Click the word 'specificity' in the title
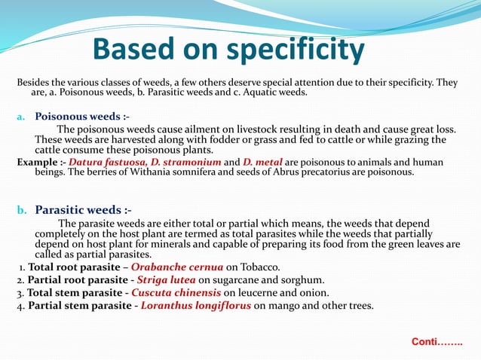coord(289,50)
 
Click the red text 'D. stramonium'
coord(185,162)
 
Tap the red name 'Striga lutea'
coord(164,279)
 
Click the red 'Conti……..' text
coord(437,342)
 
